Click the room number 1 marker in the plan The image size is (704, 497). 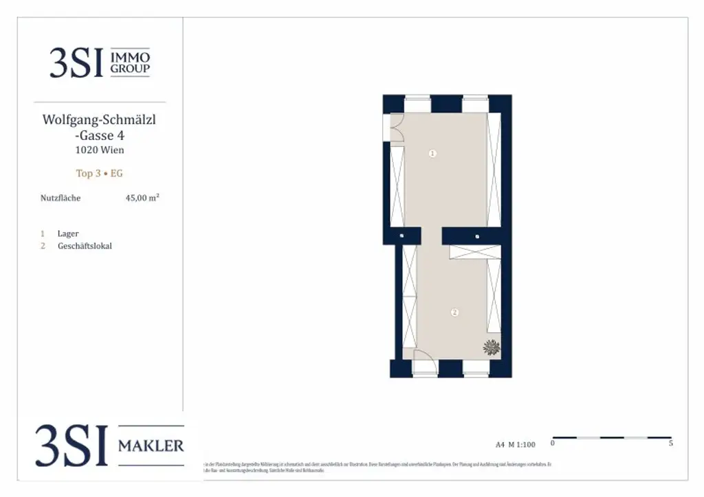pyautogui.click(x=432, y=154)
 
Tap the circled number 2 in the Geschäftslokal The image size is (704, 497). pyautogui.click(x=454, y=312)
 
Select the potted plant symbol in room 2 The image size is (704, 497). pyautogui.click(x=491, y=347)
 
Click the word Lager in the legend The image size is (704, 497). pyautogui.click(x=68, y=234)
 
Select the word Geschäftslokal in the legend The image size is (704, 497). pyautogui.click(x=85, y=246)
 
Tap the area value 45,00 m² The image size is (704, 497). pyautogui.click(x=142, y=198)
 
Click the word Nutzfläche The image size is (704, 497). pyautogui.click(x=60, y=198)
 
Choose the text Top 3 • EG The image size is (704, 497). pyautogui.click(x=100, y=174)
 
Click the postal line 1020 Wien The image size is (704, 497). pyautogui.click(x=100, y=150)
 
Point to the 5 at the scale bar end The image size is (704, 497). pyautogui.click(x=670, y=444)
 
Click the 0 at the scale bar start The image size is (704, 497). pyautogui.click(x=553, y=444)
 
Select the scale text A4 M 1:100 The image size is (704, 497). pyautogui.click(x=516, y=445)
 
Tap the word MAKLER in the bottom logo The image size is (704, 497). pyautogui.click(x=151, y=446)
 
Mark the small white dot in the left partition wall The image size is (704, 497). pyautogui.click(x=401, y=236)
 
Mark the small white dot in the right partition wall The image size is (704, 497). pyautogui.click(x=477, y=236)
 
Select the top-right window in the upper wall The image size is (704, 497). pyautogui.click(x=474, y=104)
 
